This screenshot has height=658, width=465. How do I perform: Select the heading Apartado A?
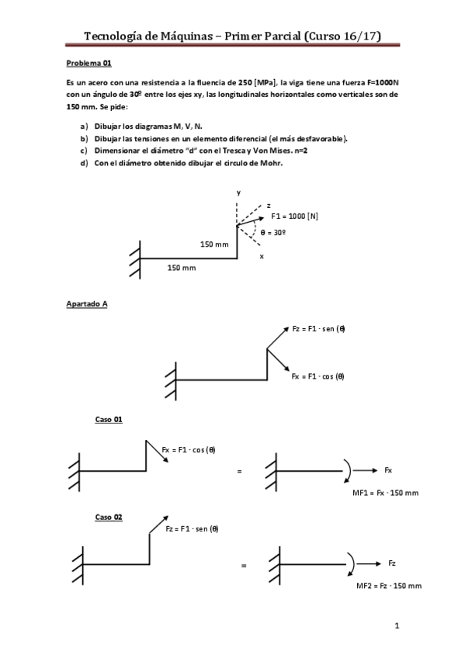click(x=86, y=304)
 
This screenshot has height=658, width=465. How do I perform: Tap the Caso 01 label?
click(x=109, y=419)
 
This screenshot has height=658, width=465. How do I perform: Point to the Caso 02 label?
click(x=109, y=517)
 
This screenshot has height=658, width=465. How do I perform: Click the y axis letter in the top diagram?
click(x=238, y=192)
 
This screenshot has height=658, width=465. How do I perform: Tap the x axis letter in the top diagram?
click(x=261, y=256)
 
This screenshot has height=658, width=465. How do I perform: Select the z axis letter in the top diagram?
click(x=268, y=205)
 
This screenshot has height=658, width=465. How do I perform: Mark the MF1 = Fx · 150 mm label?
click(x=386, y=493)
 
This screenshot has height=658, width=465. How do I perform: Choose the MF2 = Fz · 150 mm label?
click(x=389, y=585)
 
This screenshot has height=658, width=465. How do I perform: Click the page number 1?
click(x=396, y=625)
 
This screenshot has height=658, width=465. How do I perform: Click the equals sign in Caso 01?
click(x=240, y=471)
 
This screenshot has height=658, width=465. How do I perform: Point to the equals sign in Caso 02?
click(x=243, y=565)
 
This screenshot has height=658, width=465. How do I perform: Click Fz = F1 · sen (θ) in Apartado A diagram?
click(x=318, y=328)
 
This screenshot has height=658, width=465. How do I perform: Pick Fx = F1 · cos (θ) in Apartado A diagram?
click(x=318, y=376)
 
